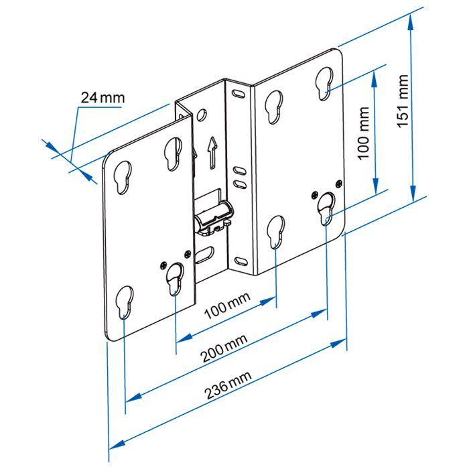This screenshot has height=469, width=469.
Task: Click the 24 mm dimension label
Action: tap(103, 98)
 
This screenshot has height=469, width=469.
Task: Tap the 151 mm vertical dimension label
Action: tap(403, 101)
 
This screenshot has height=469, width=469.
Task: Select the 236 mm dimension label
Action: tap(228, 385)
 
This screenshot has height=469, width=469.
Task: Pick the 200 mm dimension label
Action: tap(224, 348)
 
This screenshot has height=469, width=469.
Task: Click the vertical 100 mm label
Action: tap(364, 133)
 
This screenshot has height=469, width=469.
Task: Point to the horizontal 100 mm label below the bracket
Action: tap(227, 306)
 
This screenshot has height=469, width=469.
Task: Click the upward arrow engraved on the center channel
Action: tap(212, 153)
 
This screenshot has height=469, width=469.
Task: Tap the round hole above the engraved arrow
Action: tap(201, 115)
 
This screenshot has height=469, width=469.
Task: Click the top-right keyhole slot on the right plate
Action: tap(324, 84)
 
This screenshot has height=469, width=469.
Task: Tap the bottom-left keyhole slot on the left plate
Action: tap(125, 302)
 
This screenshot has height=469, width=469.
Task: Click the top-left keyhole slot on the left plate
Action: tap(123, 177)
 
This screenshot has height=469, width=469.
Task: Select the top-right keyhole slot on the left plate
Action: tap(173, 154)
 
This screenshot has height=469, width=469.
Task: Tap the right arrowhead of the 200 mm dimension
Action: tap(319, 314)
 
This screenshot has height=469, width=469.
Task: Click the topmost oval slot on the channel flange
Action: tap(239, 92)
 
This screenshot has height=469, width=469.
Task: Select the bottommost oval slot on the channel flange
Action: tap(241, 261)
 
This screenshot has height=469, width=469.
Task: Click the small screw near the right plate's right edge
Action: tap(338, 184)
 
